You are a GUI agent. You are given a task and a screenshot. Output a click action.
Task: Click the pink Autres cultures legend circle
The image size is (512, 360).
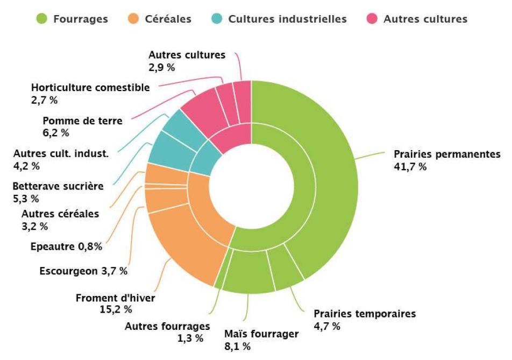click(373, 19)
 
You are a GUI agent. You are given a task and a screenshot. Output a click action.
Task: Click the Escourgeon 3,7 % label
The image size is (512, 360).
click(83, 271)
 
